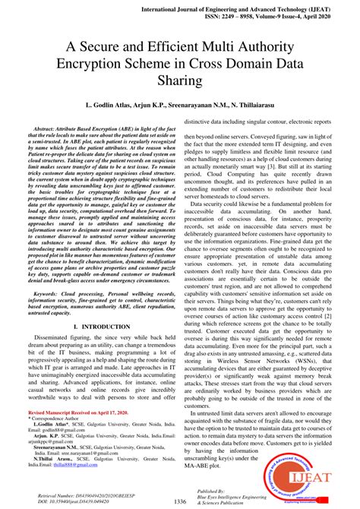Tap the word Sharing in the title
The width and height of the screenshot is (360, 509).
pos(179,79)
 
